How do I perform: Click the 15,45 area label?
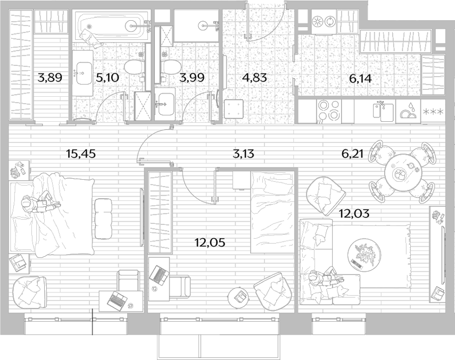tap(81, 154)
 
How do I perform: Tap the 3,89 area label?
tap(49, 78)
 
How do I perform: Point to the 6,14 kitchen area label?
tap(360, 78)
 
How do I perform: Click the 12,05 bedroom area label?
tap(210, 242)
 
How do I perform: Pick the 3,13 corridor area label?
tap(243, 154)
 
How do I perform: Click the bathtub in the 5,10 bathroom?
tap(112, 26)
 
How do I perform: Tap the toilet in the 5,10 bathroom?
tap(134, 67)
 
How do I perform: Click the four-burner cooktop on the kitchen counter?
tap(328, 111)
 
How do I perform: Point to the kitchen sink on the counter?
tap(383, 112)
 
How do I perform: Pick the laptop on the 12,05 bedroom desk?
tap(159, 274)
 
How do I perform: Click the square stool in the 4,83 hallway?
tap(234, 108)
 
